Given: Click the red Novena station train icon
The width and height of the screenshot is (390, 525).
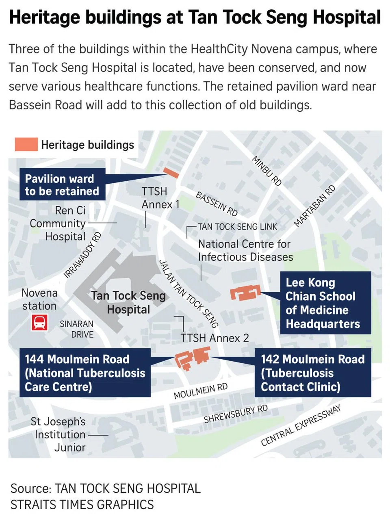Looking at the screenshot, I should [x=39, y=323].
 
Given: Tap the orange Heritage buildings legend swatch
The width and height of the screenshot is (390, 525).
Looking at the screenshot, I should [x=26, y=145].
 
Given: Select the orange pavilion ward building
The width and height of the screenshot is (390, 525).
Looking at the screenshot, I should [x=171, y=173].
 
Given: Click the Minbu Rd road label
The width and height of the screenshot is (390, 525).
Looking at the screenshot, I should [x=266, y=171].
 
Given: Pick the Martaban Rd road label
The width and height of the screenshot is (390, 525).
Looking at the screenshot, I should [x=314, y=206].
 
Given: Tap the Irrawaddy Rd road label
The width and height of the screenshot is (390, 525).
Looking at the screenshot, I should [x=82, y=255].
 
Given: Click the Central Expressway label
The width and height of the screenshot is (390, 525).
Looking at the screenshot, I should [x=301, y=425].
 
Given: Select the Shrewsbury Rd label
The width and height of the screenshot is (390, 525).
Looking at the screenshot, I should [x=236, y=414].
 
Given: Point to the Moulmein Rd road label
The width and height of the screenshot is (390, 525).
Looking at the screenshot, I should [x=200, y=391].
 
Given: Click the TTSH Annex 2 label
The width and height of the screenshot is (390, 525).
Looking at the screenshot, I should [x=214, y=338].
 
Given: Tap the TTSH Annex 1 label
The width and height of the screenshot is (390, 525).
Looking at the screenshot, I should [x=160, y=198].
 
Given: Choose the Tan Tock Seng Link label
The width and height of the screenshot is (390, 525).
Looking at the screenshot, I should [x=237, y=227].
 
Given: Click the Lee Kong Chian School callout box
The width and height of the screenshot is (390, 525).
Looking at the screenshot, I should [x=325, y=303].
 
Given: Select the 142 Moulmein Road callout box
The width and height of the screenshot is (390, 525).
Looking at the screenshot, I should [x=312, y=373].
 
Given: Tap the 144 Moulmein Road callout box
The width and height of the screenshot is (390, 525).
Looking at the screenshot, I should [x=85, y=373].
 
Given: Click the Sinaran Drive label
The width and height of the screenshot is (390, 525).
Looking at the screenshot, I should [x=77, y=329].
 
